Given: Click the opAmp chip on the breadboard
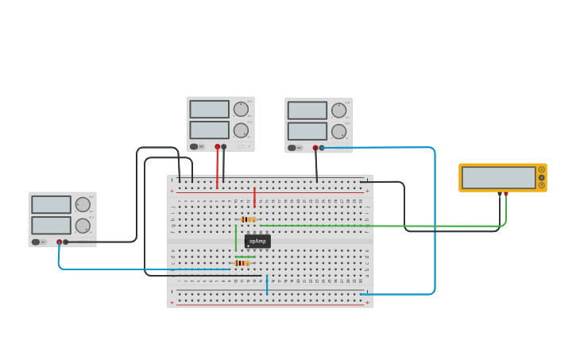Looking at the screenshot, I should [x=257, y=241].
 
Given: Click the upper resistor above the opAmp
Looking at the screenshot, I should [x=248, y=219].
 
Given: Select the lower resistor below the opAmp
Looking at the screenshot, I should [x=242, y=263].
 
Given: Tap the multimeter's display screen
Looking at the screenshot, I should [x=498, y=177].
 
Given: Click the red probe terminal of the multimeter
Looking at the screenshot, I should [x=506, y=194].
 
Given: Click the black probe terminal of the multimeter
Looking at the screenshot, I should [x=500, y=194].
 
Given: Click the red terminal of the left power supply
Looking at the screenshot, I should [x=59, y=242].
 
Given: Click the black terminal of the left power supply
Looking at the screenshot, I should [x=65, y=242].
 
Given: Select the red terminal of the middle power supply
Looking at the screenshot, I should [x=217, y=146].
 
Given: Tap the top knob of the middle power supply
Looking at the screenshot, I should [x=241, y=110].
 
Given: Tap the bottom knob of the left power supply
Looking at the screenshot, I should [x=83, y=225].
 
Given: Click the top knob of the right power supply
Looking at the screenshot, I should [x=338, y=110].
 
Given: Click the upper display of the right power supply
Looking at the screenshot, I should [x=307, y=110].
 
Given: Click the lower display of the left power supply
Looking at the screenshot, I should [x=51, y=225].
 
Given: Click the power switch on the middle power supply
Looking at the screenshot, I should [x=194, y=146].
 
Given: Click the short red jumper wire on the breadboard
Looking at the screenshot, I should [x=254, y=197].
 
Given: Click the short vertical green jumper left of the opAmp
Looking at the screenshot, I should [x=235, y=237].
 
